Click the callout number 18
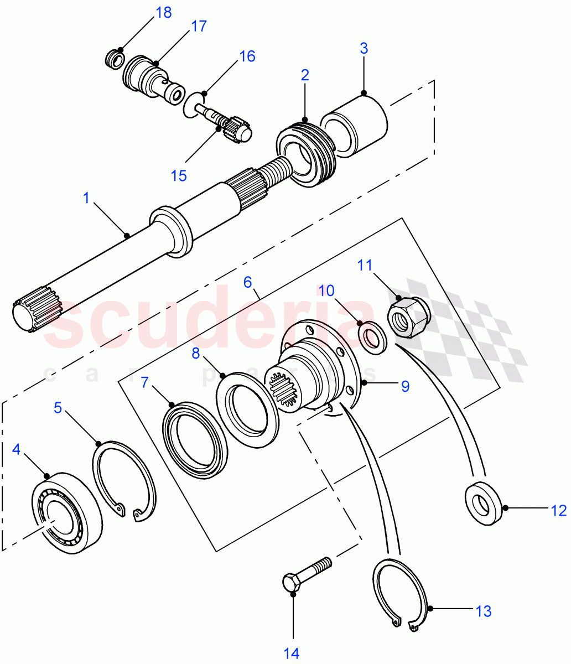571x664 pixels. click(164, 13)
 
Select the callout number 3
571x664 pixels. click(364, 48)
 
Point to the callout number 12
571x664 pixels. click(559, 510)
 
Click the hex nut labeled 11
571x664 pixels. click(410, 317)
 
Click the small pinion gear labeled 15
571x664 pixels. click(237, 129)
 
